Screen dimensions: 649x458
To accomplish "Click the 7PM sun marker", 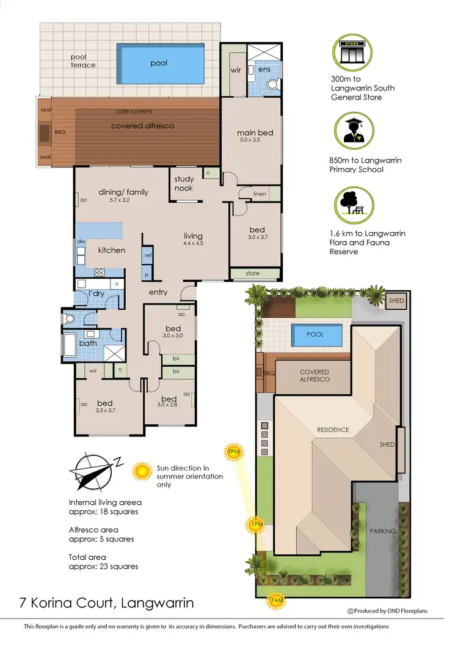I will (x=234, y=452).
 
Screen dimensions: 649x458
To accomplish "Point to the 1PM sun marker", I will (x=256, y=524).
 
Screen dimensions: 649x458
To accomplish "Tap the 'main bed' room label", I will (x=255, y=133).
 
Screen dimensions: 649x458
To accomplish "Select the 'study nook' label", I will (x=184, y=183).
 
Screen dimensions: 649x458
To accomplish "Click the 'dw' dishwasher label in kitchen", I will (x=81, y=241).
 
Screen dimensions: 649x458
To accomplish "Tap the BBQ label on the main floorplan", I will (x=60, y=132).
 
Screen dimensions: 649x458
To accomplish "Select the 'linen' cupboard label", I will (x=260, y=194).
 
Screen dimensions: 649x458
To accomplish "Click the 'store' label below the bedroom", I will (x=253, y=273).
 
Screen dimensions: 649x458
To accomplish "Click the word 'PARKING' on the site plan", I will (x=382, y=531).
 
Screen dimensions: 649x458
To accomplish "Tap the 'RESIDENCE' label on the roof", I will (x=333, y=430).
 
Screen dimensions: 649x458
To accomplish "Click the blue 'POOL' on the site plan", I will (x=316, y=335).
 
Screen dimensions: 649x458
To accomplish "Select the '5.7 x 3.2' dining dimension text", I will (x=120, y=200).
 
